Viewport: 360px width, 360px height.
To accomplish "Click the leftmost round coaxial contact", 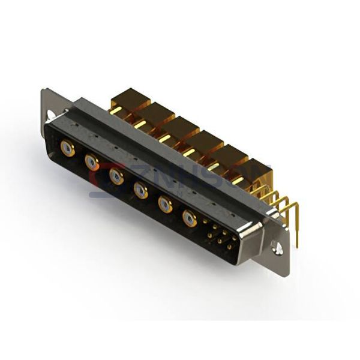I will tap(68, 148).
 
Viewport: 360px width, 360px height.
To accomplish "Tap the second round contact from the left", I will tap(92, 161).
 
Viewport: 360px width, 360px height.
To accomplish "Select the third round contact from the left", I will tap(116, 176).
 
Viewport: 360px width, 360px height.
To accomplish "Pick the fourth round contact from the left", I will tap(140, 190).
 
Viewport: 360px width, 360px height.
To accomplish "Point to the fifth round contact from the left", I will tap(164, 205).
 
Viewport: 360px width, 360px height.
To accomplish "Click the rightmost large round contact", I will tap(189, 219).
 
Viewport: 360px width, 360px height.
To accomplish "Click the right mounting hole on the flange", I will tap(277, 246).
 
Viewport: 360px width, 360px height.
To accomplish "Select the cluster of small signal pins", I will tap(219, 236).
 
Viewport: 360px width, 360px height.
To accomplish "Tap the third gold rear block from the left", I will tap(182, 127).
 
